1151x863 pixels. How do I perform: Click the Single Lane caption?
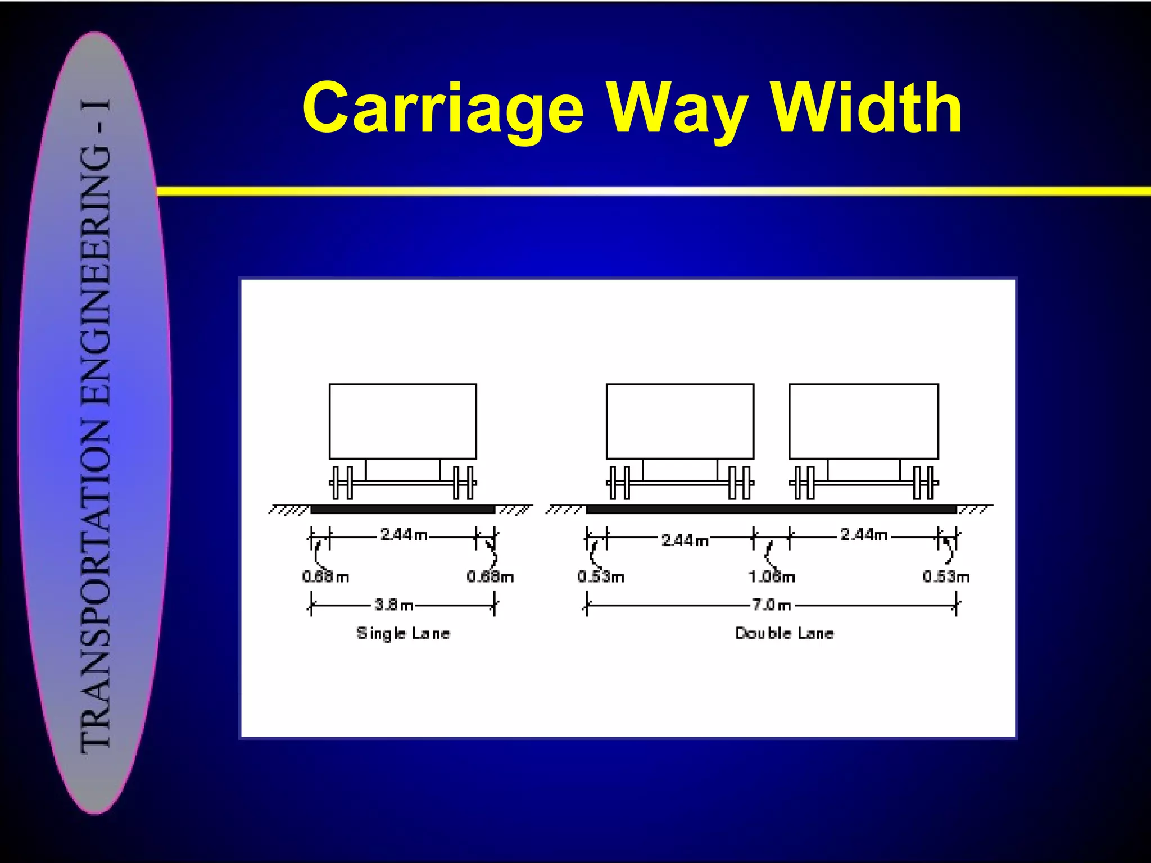403,633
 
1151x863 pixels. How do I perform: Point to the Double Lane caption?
785,633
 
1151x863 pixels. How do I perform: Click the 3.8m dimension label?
393,605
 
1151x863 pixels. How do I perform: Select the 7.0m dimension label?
772,605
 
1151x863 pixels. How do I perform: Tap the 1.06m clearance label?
772,577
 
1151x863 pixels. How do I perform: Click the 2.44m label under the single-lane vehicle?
404,535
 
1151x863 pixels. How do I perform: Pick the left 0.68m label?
325,577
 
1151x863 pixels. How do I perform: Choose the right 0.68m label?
490,577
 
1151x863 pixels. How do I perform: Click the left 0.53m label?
600,577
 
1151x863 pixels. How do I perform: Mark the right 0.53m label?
946,577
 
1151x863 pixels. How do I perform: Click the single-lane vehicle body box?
403,421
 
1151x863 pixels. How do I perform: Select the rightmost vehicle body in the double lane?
864,421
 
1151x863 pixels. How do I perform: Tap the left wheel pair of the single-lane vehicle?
342,483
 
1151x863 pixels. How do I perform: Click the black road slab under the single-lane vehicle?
402,510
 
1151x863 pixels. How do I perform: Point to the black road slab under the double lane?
771,510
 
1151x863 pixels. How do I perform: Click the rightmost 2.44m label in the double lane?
864,535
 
